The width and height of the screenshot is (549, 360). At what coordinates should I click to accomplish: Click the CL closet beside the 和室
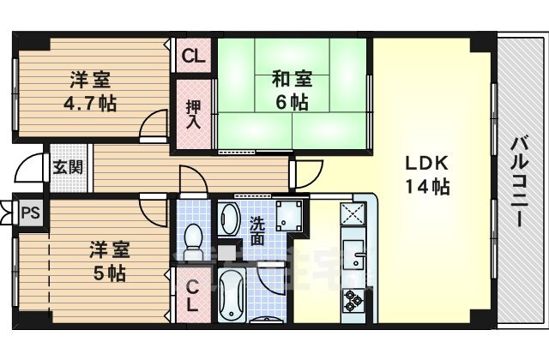(193, 58)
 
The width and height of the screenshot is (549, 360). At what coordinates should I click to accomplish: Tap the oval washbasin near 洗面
(228, 219)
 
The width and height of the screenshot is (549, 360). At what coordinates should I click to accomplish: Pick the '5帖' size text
(110, 274)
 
